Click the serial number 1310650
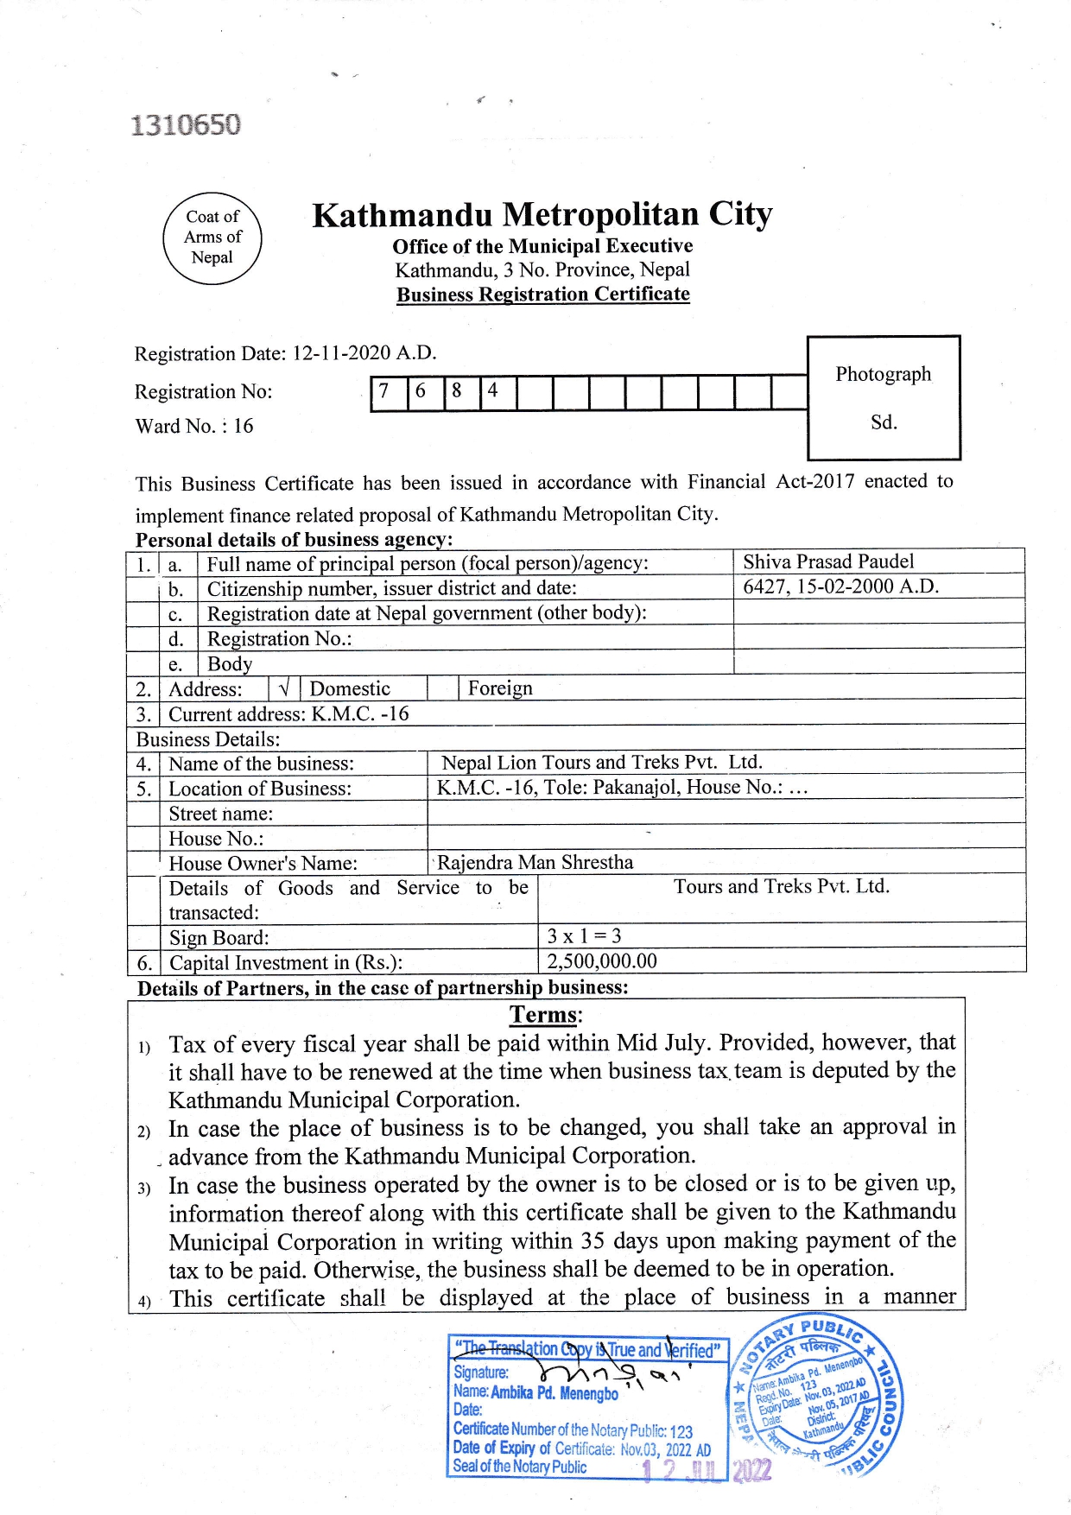[186, 125]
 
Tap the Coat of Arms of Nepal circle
[212, 238]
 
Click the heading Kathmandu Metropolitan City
[542, 214]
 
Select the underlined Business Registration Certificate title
[542, 295]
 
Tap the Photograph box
[884, 397]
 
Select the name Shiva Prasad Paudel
[828, 561]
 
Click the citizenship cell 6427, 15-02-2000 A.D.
[840, 586]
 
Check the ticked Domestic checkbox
[284, 688]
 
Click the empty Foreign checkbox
[442, 688]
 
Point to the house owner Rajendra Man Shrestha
[535, 862]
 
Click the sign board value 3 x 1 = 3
[584, 936]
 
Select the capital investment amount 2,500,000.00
[602, 961]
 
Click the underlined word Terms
[545, 1015]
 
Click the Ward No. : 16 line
[194, 426]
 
